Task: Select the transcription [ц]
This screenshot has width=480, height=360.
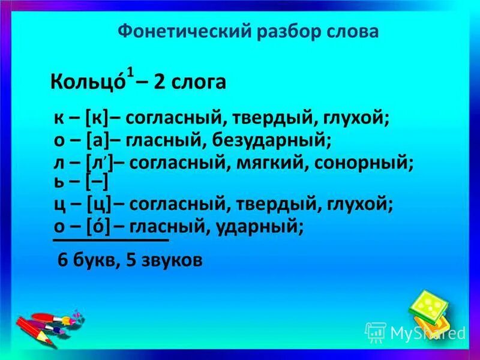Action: [99, 205]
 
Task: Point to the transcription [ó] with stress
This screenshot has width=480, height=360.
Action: [98, 227]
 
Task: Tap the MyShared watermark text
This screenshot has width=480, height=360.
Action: [427, 332]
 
